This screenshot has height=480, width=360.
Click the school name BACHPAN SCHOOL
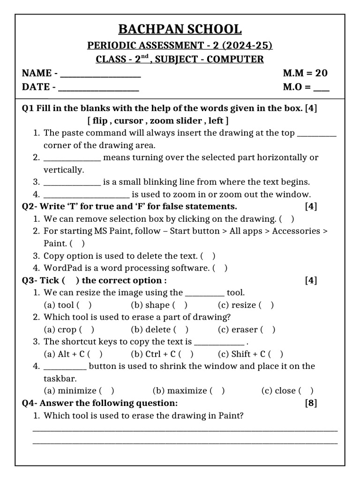click(x=180, y=29)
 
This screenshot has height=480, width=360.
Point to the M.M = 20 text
click(x=305, y=73)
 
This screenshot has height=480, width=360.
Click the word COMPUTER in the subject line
click(x=235, y=60)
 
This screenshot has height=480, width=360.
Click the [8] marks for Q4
click(x=311, y=403)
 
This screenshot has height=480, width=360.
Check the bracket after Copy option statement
click(x=208, y=256)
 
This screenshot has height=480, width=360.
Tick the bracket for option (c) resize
click(x=266, y=305)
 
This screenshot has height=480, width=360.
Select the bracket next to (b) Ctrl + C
click(x=186, y=354)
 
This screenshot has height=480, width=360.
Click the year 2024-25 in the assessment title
click(x=248, y=45)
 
